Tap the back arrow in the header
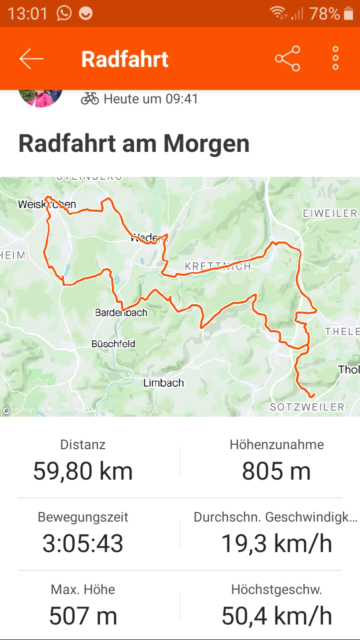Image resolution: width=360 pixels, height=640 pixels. point(31,59)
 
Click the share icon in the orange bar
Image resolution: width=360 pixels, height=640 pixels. point(287,59)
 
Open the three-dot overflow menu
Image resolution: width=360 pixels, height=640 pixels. point(335,59)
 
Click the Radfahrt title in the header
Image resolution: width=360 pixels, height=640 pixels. point(124,59)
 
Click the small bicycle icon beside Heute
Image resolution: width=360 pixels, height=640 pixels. point(90,98)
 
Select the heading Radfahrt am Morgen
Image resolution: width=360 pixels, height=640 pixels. point(134,144)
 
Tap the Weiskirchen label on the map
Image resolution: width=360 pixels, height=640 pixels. point(46,204)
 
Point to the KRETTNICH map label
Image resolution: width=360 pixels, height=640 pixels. point(217,267)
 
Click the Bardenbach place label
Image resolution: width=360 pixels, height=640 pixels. point(121,313)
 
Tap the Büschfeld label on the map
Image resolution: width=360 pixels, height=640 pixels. point(113,344)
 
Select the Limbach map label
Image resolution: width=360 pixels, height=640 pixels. point(163,383)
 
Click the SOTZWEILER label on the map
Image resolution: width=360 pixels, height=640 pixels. point(307,407)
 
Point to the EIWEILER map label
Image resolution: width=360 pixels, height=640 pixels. point(330,213)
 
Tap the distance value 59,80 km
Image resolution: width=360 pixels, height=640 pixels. point(83,471)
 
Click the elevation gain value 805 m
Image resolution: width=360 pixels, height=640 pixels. point(276,471)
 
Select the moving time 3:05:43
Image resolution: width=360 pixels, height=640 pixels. point(83,544)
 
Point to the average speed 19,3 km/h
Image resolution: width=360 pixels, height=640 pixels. point(276,544)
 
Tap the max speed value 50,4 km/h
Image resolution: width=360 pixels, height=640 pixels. point(276,616)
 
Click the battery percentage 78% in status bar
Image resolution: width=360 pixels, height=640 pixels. point(324,13)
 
